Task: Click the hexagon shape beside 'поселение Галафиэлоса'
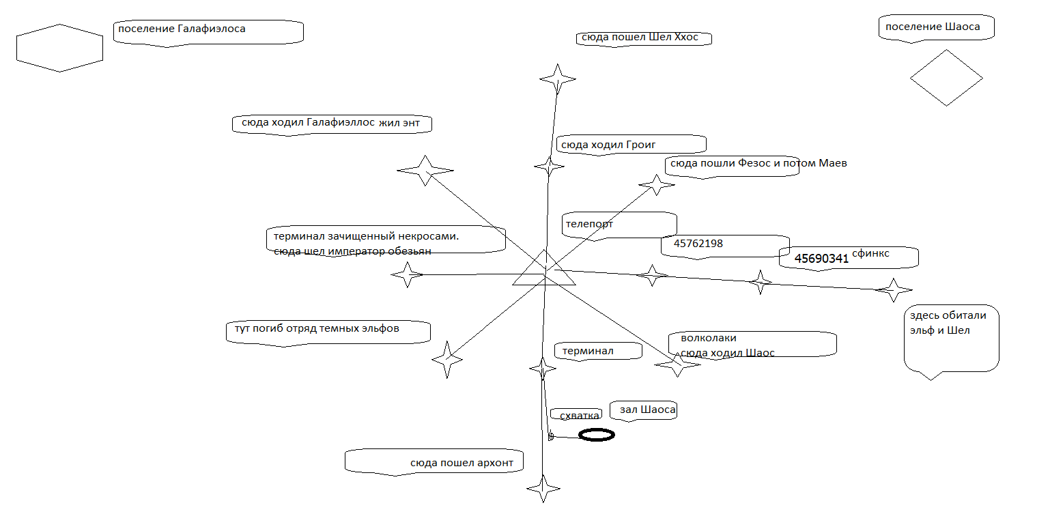point(59,48)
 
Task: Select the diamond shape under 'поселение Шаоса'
point(946,78)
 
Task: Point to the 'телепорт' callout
point(589,224)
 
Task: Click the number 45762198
point(698,244)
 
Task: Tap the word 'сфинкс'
point(870,253)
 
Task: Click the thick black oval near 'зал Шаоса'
point(597,435)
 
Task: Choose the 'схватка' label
point(579,416)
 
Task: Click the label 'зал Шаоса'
point(647,410)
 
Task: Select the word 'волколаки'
point(708,338)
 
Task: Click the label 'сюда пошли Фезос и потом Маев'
point(758,164)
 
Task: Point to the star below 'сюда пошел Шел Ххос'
point(557,79)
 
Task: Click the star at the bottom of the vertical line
point(543,489)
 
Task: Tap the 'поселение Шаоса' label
point(932,27)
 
